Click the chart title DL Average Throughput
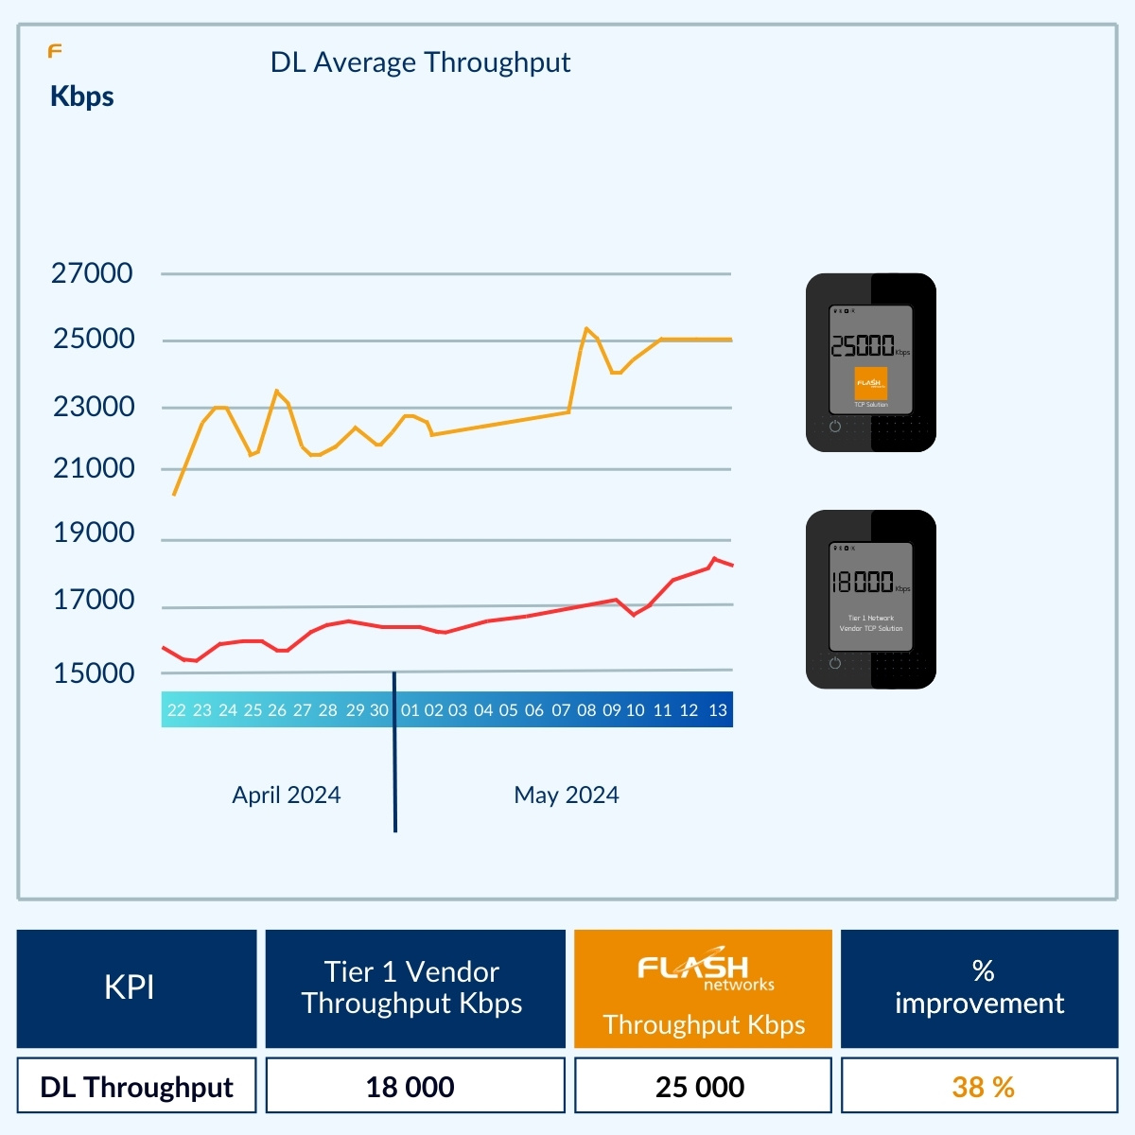point(420,62)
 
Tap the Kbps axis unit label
point(82,96)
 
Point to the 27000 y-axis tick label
point(92,273)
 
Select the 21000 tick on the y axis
point(94,468)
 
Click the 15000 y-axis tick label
point(94,673)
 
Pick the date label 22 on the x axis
point(177,710)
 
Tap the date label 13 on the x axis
point(718,710)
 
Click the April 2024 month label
point(287,794)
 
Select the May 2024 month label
point(567,794)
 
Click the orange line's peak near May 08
point(586,328)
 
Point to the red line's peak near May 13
point(715,558)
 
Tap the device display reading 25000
point(863,346)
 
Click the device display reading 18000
point(863,582)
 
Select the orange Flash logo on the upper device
point(870,383)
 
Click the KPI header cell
point(130,987)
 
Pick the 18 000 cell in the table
point(410,1087)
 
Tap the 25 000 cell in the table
point(700,1087)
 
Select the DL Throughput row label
point(136,1087)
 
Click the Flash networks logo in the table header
point(705,970)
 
